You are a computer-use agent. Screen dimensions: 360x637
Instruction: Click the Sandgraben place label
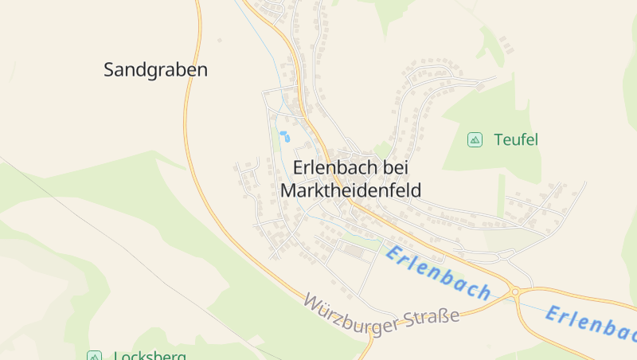pos(155,70)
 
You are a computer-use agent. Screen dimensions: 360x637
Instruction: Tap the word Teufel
pos(516,140)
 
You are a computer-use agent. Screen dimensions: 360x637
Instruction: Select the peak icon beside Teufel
pos(475,140)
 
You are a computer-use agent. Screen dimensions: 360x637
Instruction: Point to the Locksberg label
pos(150,355)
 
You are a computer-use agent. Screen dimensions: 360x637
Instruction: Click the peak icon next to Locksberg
pos(94,356)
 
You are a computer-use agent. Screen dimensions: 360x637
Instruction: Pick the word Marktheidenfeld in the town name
pos(350,191)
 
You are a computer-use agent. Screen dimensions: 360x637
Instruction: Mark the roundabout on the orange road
pos(515,292)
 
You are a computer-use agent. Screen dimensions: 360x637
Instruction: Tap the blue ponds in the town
pos(283,136)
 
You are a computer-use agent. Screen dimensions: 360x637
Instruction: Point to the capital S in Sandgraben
pos(109,70)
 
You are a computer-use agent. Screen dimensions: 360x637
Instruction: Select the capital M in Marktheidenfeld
pos(287,191)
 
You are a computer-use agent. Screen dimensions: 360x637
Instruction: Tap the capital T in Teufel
pos(498,140)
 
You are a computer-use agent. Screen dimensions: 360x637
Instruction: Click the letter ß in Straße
pos(444,316)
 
